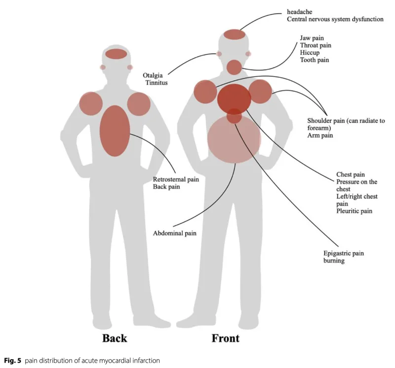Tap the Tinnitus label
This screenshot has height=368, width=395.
point(157,83)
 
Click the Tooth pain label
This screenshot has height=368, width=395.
point(315,60)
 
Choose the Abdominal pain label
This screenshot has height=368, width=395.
point(175,233)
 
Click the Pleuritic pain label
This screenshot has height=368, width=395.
point(354,211)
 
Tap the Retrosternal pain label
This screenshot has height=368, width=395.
point(176,179)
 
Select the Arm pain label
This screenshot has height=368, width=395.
point(320,134)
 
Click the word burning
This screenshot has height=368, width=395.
point(334,261)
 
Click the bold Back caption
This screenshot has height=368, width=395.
point(115,338)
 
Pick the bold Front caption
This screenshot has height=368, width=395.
point(226,338)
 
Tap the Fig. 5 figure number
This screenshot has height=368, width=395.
point(11,360)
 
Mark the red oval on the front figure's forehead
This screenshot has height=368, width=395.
point(235,34)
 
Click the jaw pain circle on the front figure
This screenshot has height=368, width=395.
point(234,67)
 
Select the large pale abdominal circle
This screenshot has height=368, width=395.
point(234,140)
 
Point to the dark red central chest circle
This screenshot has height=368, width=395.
point(234,98)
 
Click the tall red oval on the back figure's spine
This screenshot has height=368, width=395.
point(115,131)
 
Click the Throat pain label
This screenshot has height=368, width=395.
point(316,45)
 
